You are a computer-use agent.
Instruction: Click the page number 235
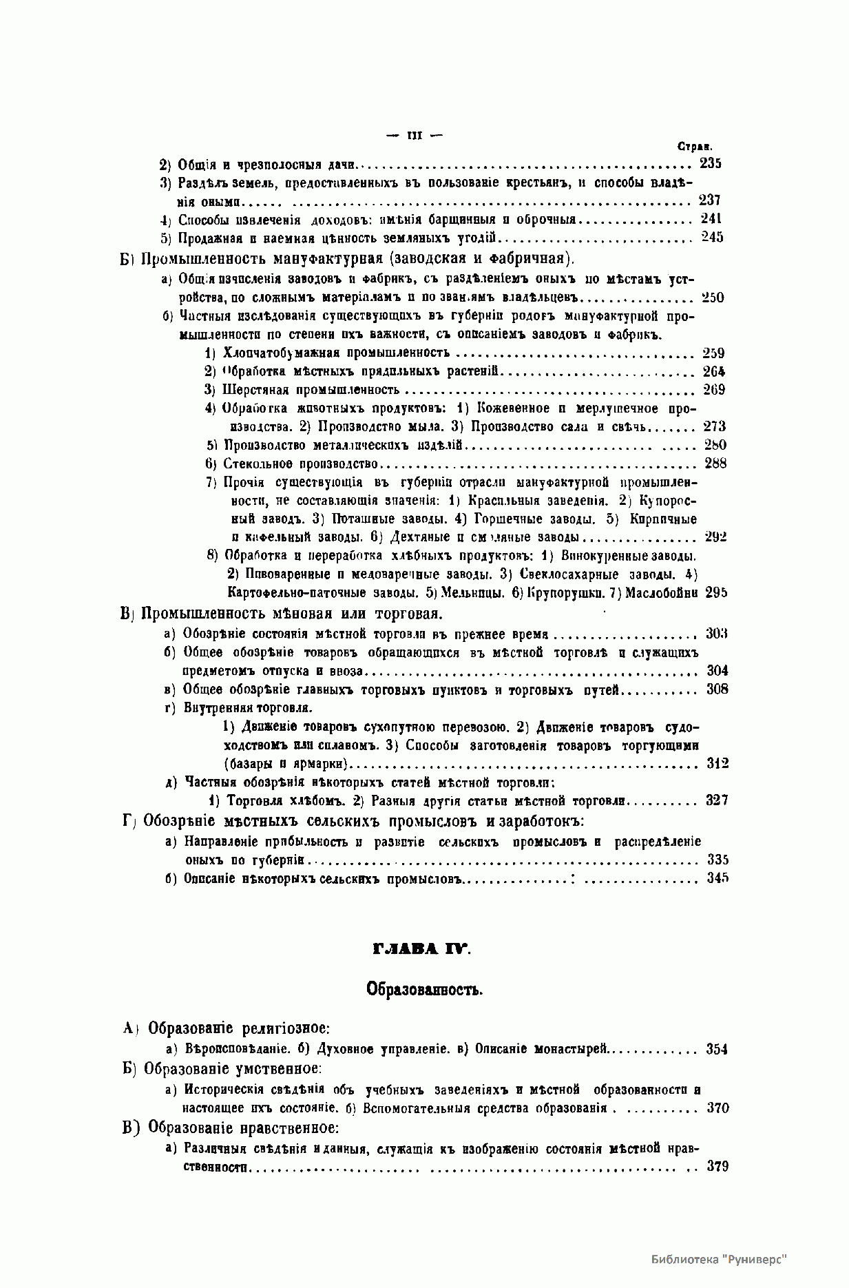click(x=710, y=164)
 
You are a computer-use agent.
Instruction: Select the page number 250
click(x=713, y=298)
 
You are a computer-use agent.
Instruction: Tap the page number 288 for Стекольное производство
click(x=715, y=463)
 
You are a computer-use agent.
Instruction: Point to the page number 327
click(x=717, y=800)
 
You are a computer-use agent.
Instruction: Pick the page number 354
click(x=717, y=1049)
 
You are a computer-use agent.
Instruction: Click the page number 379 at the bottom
click(x=717, y=1166)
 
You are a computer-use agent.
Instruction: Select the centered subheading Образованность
click(x=423, y=990)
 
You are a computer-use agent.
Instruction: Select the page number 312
click(x=717, y=763)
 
